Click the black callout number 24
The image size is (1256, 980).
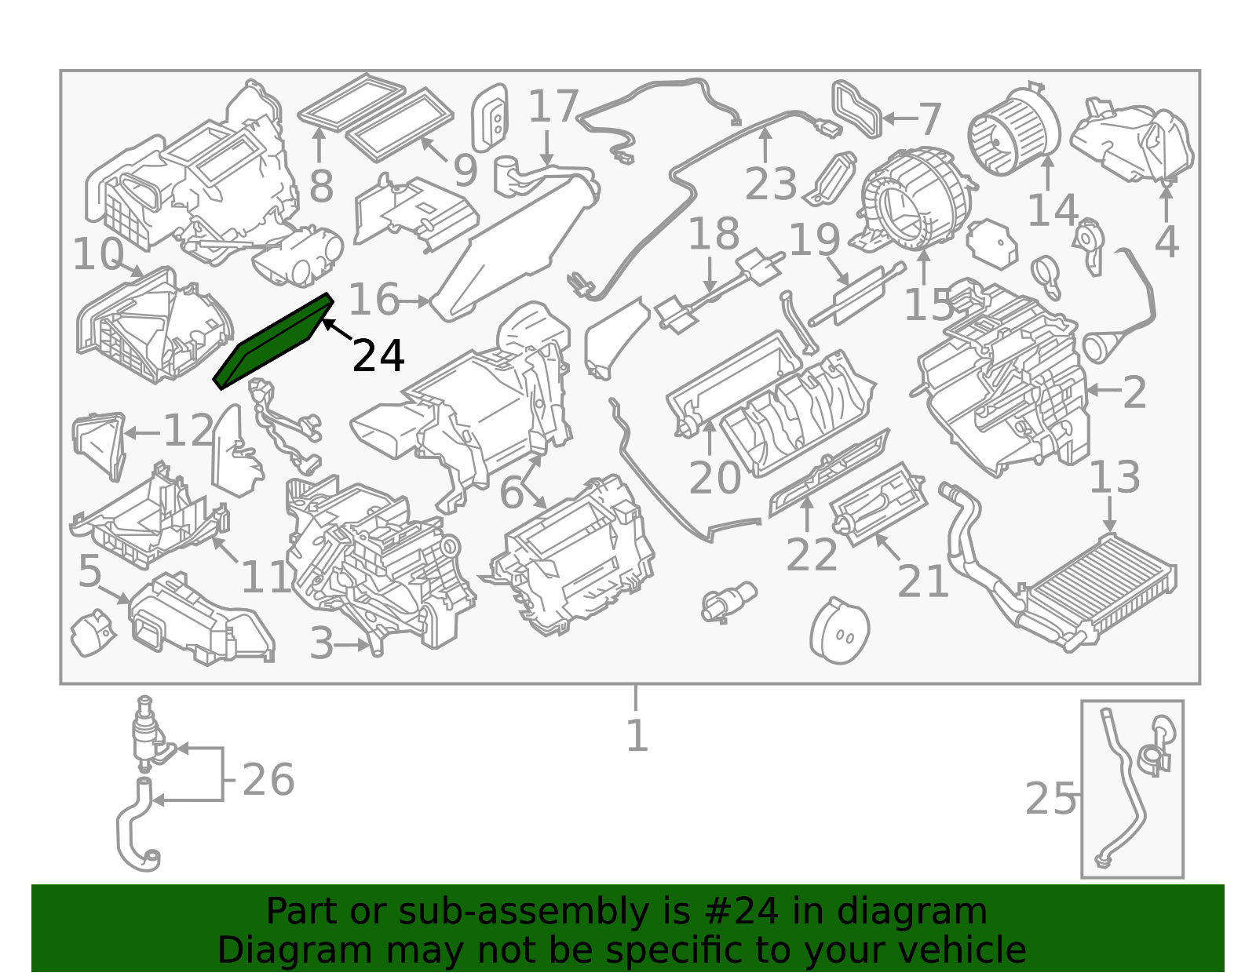(378, 355)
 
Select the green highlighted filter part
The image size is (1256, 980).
(273, 341)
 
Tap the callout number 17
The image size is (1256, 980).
(553, 106)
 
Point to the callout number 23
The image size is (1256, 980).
(771, 184)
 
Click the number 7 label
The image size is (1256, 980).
(930, 119)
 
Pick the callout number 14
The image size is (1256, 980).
(1053, 210)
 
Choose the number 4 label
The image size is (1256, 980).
(1167, 242)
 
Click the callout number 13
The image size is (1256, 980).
(1115, 477)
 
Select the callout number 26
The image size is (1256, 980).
(268, 780)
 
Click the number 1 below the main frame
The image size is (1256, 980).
(637, 736)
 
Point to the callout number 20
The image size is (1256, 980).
(714, 478)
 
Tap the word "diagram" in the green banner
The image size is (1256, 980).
(911, 912)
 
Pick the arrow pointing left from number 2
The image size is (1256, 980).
(1103, 391)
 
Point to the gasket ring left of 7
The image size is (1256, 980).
(856, 110)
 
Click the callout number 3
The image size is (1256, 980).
(322, 643)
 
